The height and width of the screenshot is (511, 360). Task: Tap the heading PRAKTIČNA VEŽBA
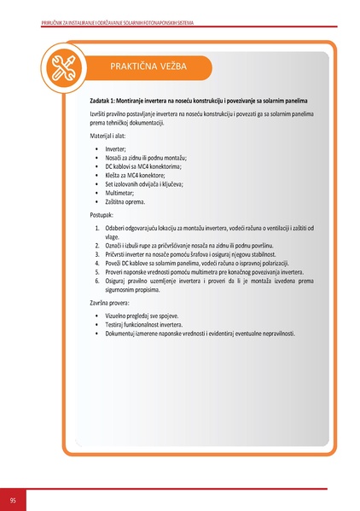click(149, 66)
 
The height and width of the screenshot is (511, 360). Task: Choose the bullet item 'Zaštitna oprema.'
click(125, 202)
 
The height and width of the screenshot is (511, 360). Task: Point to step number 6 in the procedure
click(97, 280)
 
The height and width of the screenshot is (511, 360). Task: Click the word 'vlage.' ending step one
click(113, 236)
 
